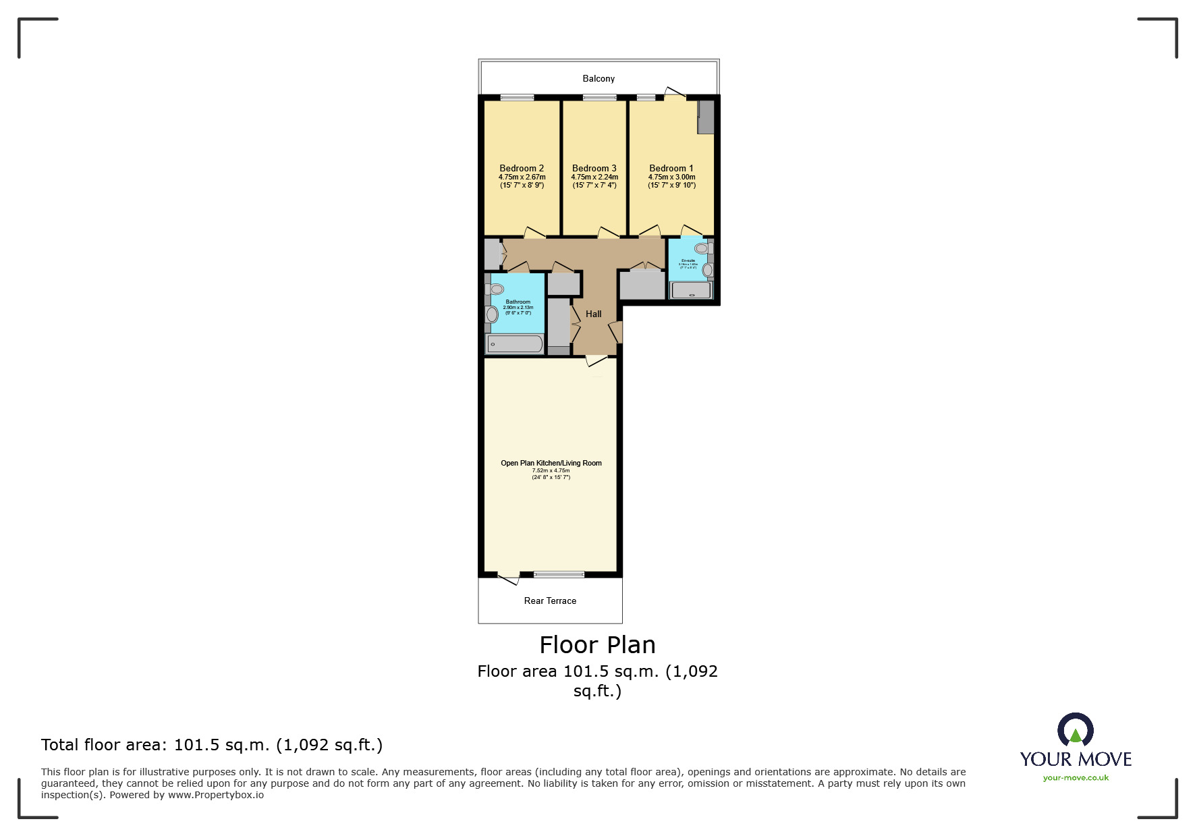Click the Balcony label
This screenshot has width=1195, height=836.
599,79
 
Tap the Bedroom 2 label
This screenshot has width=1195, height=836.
522,168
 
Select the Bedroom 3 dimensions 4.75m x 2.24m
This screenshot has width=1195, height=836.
594,177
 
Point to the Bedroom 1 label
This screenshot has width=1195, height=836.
671,168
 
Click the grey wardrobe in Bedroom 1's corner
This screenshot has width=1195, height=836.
705,117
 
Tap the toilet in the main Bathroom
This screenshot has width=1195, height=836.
495,289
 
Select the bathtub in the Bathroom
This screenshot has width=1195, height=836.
515,345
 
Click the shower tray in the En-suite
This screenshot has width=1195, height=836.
690,291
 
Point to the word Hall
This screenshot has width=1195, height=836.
594,314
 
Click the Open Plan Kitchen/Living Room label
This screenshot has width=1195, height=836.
551,463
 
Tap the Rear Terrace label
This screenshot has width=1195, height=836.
550,601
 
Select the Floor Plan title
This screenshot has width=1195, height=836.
597,645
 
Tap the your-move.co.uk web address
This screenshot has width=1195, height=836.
1076,778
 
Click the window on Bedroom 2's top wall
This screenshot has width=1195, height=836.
517,98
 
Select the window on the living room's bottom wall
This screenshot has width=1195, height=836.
559,574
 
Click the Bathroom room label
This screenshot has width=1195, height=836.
518,302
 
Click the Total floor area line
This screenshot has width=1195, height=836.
212,745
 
